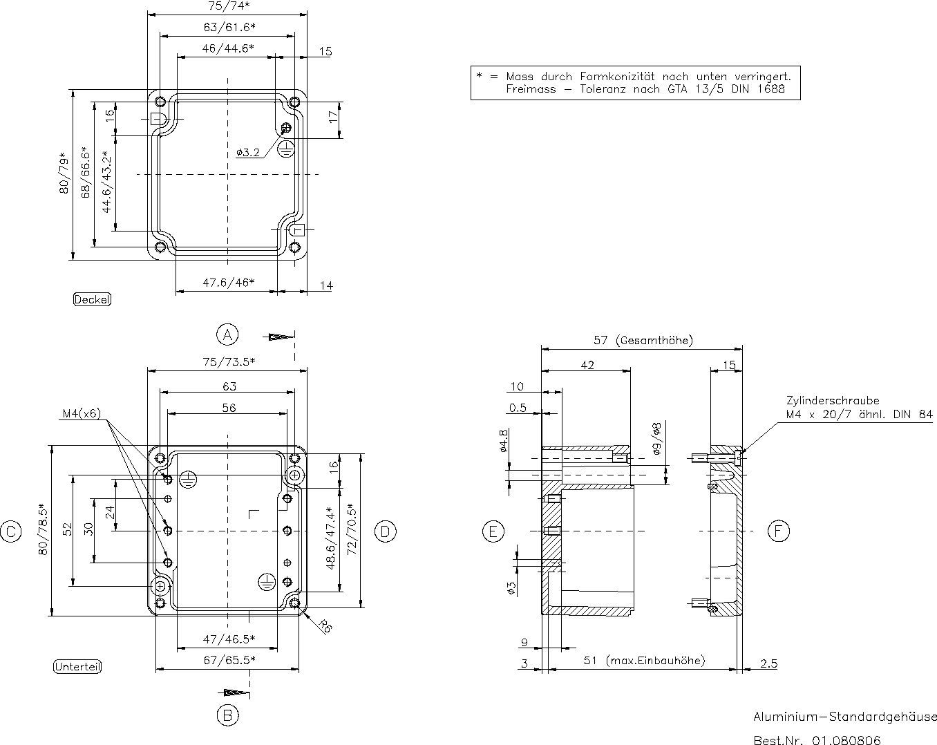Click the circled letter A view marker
[x=227, y=334]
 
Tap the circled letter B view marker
[x=227, y=715]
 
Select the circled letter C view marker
[x=11, y=531]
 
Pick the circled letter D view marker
[x=385, y=531]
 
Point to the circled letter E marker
[x=493, y=531]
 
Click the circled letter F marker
[x=778, y=531]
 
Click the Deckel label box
[x=92, y=299]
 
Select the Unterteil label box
[x=77, y=667]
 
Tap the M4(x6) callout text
[x=82, y=414]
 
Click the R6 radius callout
[x=325, y=626]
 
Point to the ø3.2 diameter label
[x=247, y=153]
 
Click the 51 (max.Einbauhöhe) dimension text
[x=645, y=661]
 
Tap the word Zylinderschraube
[x=832, y=400]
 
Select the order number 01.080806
[x=846, y=740]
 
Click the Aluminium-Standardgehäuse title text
[x=844, y=717]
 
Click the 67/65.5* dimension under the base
[x=229, y=659]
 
